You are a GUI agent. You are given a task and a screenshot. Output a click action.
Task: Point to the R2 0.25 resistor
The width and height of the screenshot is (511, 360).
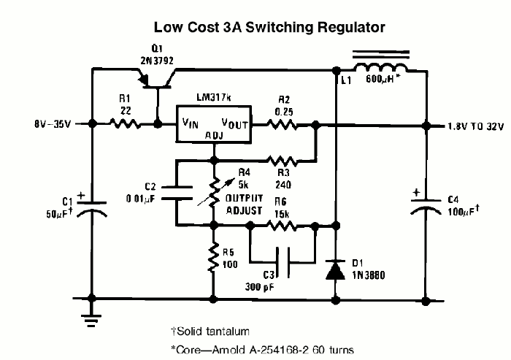(282, 125)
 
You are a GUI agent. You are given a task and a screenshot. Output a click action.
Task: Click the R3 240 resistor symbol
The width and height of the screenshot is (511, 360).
(282, 161)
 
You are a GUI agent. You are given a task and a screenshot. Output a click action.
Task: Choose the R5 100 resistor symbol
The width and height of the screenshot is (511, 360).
(213, 257)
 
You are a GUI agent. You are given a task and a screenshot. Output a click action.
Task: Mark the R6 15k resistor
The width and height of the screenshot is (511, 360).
(282, 226)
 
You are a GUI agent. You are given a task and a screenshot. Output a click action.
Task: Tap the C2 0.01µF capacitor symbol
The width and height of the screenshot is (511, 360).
(177, 193)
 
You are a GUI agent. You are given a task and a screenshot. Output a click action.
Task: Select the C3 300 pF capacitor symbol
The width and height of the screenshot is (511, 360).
(283, 262)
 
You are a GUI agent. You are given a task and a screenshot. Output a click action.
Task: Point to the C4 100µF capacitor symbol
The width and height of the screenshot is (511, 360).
(426, 206)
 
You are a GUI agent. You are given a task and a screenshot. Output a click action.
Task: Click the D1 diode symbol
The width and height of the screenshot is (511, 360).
(336, 270)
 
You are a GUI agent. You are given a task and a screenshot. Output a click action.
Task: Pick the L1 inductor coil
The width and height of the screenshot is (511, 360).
(381, 68)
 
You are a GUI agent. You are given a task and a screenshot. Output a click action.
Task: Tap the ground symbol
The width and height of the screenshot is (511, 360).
(91, 321)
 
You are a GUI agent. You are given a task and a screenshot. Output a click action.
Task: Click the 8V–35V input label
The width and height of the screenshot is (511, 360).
(53, 124)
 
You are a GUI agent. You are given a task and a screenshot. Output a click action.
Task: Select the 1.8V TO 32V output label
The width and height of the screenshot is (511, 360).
(476, 126)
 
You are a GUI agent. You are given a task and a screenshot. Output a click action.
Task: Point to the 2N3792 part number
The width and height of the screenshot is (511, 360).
(157, 61)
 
